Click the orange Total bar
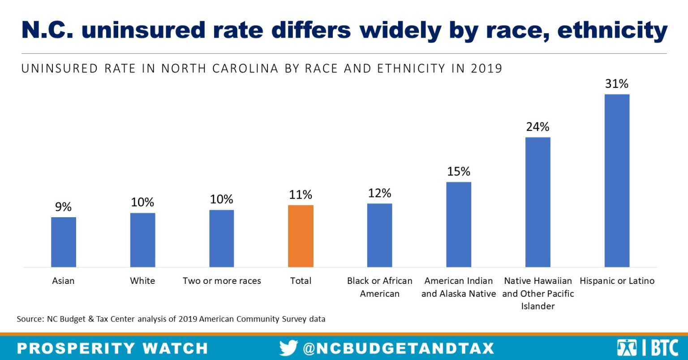pyautogui.click(x=301, y=236)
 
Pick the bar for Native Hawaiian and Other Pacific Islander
pyautogui.click(x=537, y=202)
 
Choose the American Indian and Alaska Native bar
pyautogui.click(x=459, y=224)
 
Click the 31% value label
pyautogui.click(x=617, y=84)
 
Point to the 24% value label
pyautogui.click(x=537, y=127)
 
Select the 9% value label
pyautogui.click(x=63, y=207)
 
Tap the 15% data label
pyautogui.click(x=459, y=171)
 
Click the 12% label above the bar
pyautogui.click(x=379, y=193)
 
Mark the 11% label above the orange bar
pyautogui.click(x=301, y=195)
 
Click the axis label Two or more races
pyautogui.click(x=222, y=281)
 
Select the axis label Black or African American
pyautogui.click(x=379, y=287)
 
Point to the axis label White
pyautogui.click(x=142, y=281)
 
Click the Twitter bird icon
pyautogui.click(x=288, y=348)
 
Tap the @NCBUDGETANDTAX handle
pyautogui.click(x=399, y=348)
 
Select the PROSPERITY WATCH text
pyautogui.click(x=112, y=348)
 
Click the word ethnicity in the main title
pyautogui.click(x=612, y=30)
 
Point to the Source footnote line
pyautogui.click(x=171, y=319)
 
